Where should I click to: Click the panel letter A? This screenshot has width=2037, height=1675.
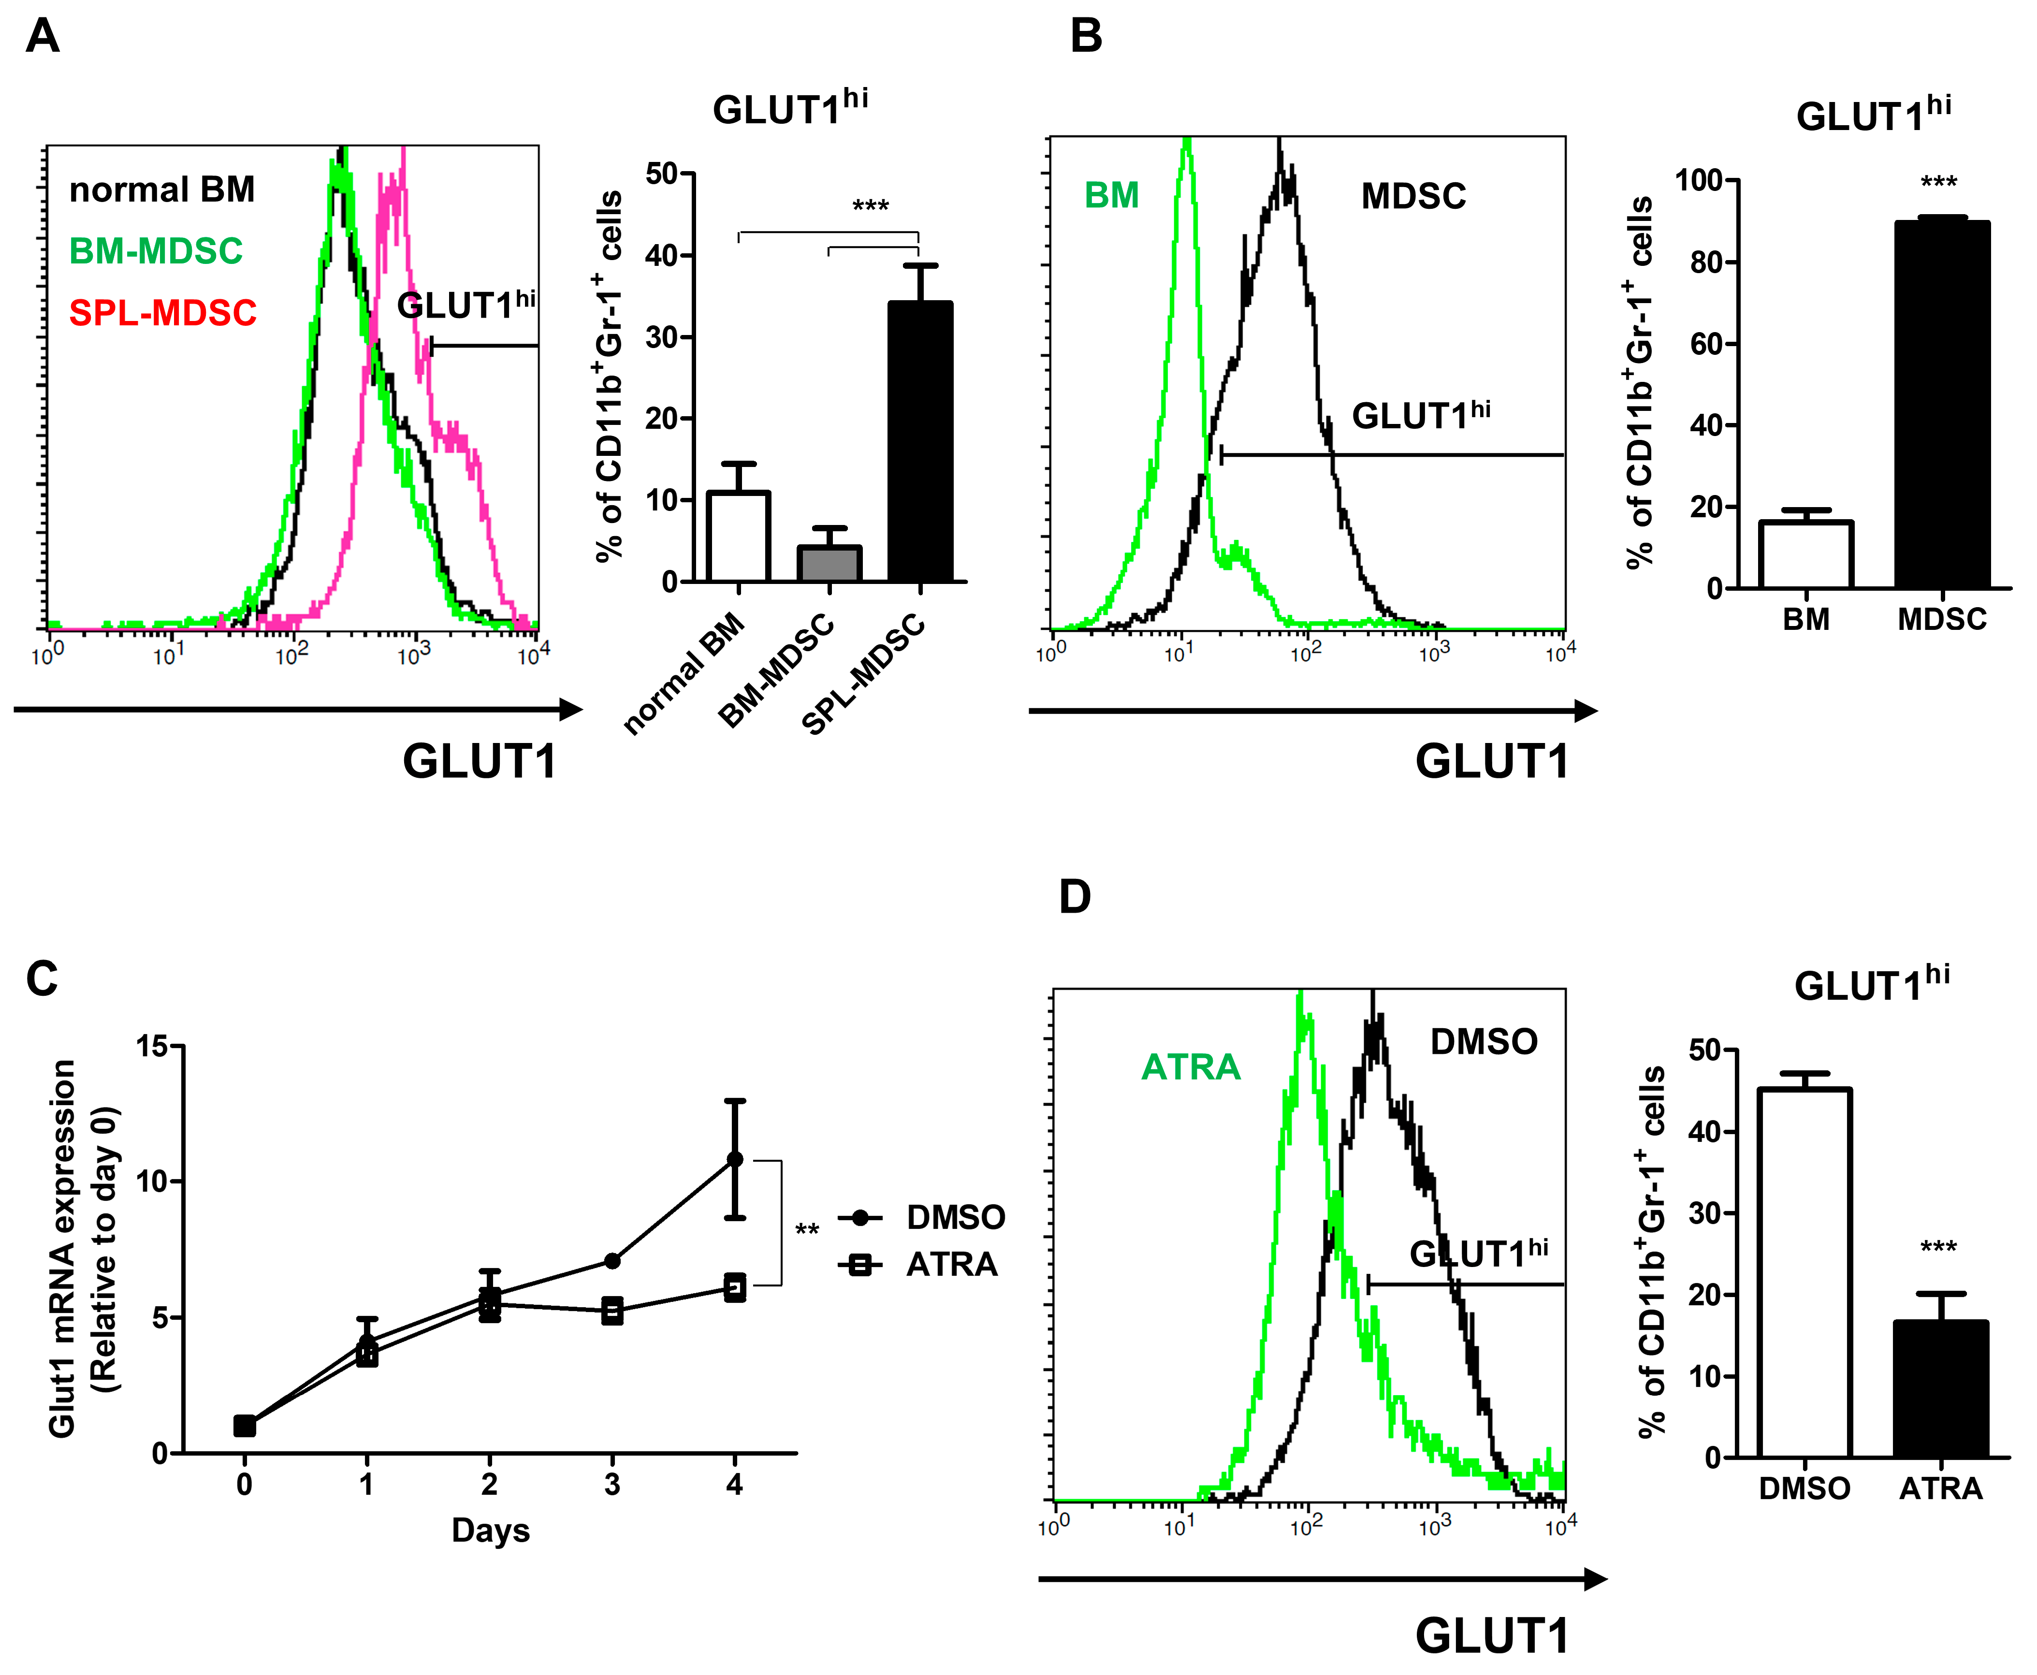(x=43, y=37)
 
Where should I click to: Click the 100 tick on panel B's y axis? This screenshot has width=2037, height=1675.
(x=1698, y=180)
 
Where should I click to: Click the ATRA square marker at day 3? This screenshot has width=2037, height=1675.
(x=612, y=1311)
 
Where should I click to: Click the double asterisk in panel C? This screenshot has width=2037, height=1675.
(x=807, y=1230)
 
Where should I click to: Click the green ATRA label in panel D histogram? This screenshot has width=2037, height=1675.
(x=1191, y=1067)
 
